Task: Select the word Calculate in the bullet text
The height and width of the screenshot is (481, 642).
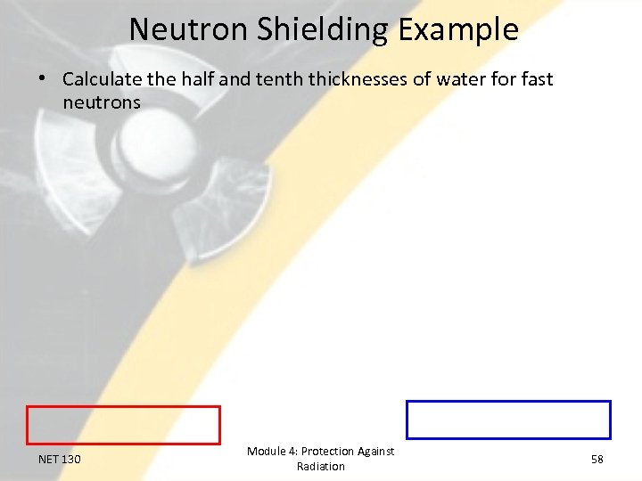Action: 103,79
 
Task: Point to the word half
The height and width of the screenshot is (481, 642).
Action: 198,79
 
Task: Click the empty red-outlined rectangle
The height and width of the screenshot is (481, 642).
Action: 123,425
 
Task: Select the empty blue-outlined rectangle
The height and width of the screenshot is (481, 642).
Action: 508,420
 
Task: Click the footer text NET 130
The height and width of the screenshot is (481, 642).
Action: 60,460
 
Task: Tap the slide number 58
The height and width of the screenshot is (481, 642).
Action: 597,459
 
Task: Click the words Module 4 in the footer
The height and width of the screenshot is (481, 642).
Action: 272,452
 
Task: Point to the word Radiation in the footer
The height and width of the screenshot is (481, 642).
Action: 321,467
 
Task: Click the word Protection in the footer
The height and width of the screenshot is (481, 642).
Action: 328,452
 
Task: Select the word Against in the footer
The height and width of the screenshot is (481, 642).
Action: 376,452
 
